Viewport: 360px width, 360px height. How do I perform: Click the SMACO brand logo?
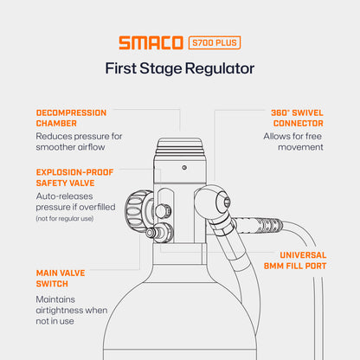point(151,42)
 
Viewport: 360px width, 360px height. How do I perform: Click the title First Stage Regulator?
point(179,68)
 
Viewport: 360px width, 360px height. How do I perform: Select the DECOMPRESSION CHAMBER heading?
point(71,119)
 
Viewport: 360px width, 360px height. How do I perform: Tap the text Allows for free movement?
point(293,142)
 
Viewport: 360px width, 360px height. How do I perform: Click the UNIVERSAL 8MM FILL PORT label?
point(291,261)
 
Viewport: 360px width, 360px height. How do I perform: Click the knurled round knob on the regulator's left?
point(137,209)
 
